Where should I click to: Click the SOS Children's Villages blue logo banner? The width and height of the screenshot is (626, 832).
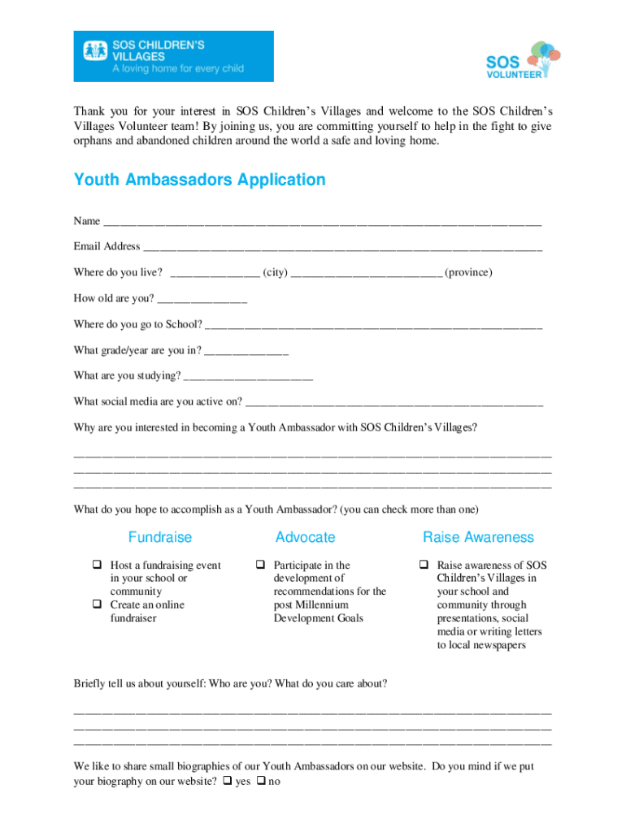[174, 56]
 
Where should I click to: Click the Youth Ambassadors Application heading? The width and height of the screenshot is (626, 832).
[199, 180]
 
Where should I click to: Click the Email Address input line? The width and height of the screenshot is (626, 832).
[342, 247]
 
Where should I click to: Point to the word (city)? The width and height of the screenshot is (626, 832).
[275, 272]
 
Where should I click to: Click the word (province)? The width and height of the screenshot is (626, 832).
[468, 272]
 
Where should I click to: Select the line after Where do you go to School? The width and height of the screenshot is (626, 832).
[374, 325]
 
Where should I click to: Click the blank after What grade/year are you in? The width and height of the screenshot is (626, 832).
[247, 351]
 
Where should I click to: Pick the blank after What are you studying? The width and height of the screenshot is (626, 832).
[249, 376]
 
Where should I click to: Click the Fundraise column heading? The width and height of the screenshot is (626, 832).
[160, 537]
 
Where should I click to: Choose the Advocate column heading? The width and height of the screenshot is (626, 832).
[305, 537]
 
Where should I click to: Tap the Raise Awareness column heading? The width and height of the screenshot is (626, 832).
[478, 537]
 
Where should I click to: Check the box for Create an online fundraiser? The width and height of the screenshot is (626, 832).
[97, 604]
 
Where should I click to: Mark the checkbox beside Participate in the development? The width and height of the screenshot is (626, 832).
[261, 565]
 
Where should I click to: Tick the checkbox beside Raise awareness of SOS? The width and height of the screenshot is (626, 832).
[424, 565]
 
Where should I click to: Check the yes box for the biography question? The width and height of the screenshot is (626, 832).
[227, 782]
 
